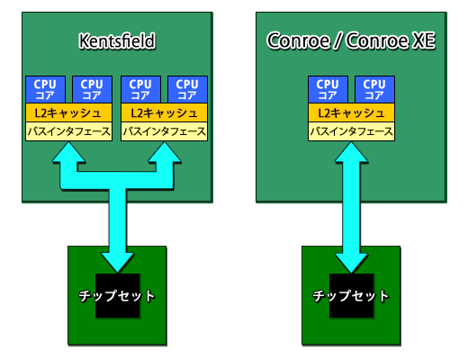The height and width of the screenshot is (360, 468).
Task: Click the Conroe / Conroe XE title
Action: point(352,40)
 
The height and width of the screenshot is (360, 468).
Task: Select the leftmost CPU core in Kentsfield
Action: point(44,89)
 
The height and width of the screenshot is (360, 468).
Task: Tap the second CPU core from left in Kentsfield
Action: point(90,89)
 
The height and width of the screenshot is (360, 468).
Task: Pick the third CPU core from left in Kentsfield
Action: point(140,89)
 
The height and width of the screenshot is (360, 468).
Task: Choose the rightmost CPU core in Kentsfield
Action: point(186,89)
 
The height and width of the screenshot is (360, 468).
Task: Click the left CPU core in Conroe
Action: point(327,89)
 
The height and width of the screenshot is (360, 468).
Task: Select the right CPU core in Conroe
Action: point(373,89)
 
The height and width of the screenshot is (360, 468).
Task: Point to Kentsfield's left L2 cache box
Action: point(67,113)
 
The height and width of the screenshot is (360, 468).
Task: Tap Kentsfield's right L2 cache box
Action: point(164,113)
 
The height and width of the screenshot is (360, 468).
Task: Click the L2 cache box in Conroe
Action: point(351,113)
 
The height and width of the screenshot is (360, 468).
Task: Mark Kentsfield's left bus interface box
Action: point(67,131)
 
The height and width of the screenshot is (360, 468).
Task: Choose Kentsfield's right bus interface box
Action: point(164,131)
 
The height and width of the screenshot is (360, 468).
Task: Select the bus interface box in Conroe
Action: point(351,131)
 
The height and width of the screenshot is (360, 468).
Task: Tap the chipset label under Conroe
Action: point(351,296)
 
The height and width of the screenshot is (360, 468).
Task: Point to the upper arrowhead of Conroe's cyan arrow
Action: point(351,154)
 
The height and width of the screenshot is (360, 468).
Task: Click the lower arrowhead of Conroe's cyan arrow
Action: point(351,260)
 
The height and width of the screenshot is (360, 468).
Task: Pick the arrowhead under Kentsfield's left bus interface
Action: point(68,154)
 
